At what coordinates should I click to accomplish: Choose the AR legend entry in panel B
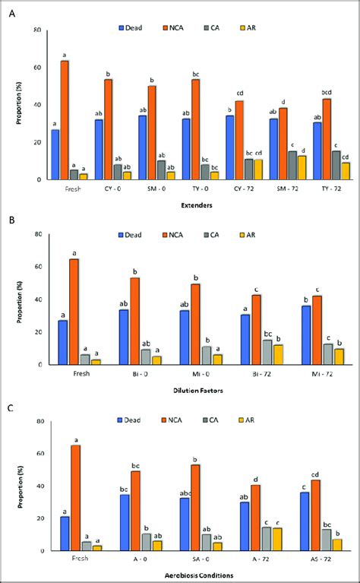pos(244,236)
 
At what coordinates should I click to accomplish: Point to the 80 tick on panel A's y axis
pos(37,30)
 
